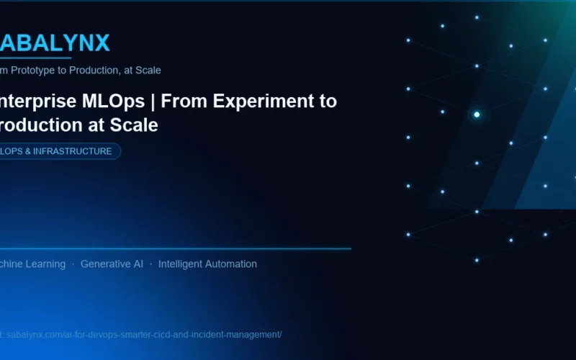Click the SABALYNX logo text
(55, 43)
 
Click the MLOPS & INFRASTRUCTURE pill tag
(58, 151)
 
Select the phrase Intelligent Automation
(207, 264)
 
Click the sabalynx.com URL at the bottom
(144, 335)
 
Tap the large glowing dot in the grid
(477, 114)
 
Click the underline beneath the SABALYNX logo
(36, 58)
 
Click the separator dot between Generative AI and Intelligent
(150, 264)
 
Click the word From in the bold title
(180, 101)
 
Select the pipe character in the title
(153, 101)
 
